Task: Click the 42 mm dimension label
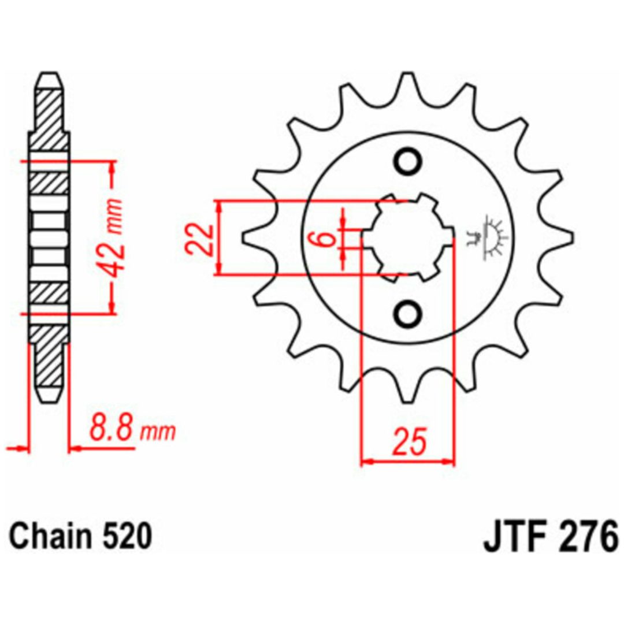[112, 236]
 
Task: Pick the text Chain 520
[80, 536]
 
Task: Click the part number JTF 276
[551, 537]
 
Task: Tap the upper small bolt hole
[408, 161]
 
